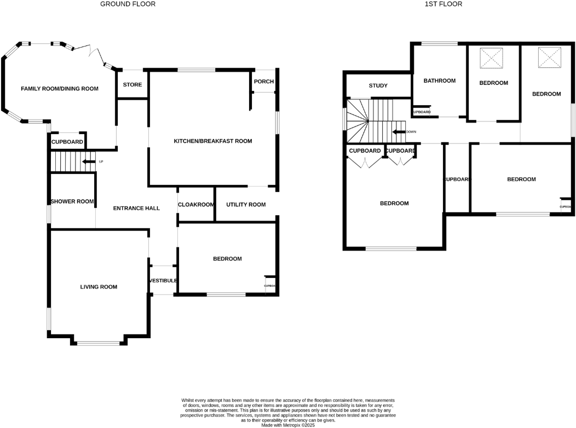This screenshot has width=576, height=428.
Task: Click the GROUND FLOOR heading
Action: tap(128, 4)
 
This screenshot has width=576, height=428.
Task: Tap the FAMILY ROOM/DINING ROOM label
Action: tap(60, 89)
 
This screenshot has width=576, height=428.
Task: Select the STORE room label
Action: tap(132, 85)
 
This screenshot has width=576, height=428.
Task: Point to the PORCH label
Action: tap(263, 82)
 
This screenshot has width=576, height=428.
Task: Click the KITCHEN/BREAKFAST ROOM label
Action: tap(212, 141)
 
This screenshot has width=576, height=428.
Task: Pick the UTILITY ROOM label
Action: tap(246, 205)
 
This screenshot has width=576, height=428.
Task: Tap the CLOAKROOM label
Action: tap(195, 205)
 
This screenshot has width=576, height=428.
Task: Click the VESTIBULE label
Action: tap(163, 281)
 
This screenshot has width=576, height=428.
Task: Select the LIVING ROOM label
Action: tap(99, 287)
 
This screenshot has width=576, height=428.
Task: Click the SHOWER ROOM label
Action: tap(72, 201)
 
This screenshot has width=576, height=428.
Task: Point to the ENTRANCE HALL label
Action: tap(136, 209)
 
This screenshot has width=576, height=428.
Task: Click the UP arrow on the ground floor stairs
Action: tap(87, 161)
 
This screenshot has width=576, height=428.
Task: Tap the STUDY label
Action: tap(378, 86)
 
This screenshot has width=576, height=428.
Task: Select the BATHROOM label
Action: tap(439, 81)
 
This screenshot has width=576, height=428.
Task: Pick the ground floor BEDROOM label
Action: tap(227, 259)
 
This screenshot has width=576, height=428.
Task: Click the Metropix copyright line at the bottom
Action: tap(288, 425)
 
